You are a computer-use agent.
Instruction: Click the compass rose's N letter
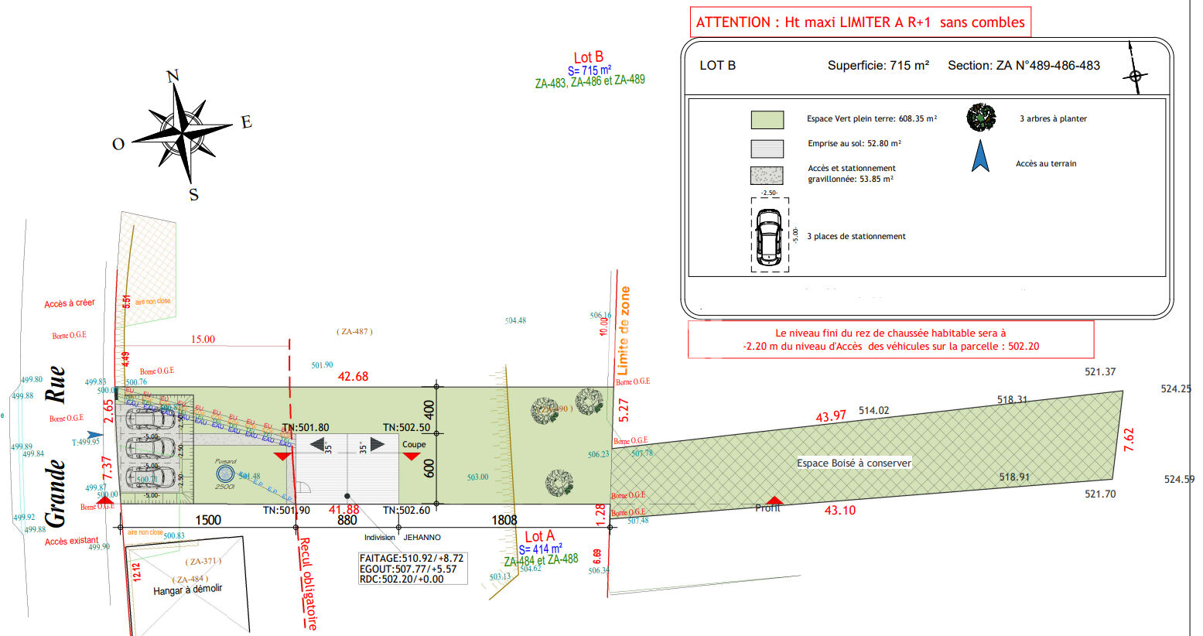173,76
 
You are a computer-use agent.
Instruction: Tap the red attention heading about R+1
860,22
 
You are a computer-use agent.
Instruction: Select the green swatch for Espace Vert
767,120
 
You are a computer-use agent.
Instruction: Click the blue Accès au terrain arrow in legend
980,156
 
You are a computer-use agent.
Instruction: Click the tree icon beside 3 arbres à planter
981,118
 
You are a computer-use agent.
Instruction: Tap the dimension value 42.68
353,377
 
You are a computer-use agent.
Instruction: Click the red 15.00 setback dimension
203,339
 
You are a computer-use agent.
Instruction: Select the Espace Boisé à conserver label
854,463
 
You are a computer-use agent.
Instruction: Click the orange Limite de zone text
624,330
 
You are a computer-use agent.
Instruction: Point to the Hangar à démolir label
187,590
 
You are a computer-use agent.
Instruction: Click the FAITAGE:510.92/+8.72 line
412,558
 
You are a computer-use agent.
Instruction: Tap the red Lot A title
539,536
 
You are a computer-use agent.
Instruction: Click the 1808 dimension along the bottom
504,520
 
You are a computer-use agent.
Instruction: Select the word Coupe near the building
414,444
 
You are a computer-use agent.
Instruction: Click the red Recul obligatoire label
307,583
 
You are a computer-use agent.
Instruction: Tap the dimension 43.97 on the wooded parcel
831,416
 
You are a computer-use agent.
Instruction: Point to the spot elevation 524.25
1176,389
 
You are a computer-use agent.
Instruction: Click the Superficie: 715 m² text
878,66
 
